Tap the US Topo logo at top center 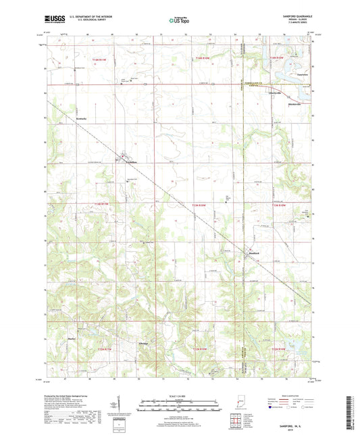click(x=179, y=20)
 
